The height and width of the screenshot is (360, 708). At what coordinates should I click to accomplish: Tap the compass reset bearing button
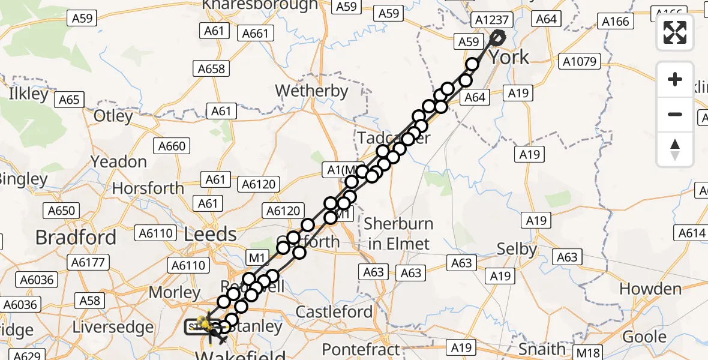675,149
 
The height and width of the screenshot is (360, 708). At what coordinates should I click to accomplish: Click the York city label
509,58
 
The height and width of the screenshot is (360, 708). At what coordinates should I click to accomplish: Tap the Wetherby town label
311,91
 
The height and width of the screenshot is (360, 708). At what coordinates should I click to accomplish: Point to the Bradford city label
76,238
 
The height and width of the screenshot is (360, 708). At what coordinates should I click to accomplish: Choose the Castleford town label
334,312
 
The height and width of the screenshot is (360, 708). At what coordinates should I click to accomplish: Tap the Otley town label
113,115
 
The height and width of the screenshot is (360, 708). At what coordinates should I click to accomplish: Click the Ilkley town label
29,94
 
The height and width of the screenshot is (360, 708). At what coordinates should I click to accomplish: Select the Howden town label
650,289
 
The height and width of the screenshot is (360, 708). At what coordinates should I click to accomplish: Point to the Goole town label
644,337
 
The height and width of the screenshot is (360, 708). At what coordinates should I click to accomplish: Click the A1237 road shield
492,20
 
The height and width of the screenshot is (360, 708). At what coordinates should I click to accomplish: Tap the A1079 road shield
578,61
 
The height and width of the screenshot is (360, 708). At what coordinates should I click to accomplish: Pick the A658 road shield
211,69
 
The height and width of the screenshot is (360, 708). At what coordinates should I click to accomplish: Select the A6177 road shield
88,262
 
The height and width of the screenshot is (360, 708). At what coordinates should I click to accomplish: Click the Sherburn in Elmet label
399,233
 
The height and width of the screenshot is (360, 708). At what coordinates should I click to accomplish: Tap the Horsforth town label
148,188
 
